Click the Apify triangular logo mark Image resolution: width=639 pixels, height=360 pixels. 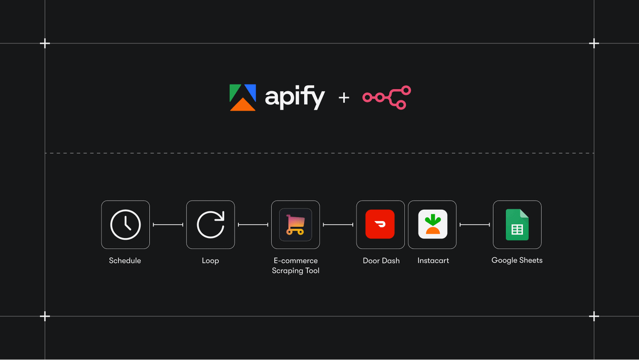point(243,97)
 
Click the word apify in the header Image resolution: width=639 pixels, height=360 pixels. point(294,98)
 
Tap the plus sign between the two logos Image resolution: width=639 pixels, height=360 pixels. point(344,97)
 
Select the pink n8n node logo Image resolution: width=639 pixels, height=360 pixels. point(387,97)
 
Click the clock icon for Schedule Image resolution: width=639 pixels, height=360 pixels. point(125,224)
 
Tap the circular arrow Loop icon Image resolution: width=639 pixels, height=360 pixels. point(210,224)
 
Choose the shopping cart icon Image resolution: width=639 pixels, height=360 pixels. point(296,224)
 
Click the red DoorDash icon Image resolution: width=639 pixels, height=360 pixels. point(380,224)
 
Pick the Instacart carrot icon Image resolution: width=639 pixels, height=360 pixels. point(432,224)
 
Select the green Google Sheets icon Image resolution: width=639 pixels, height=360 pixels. point(517,224)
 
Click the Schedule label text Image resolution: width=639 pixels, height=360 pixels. point(125,261)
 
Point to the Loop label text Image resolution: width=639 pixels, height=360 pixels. point(210,261)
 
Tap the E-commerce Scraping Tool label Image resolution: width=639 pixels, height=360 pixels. point(295,266)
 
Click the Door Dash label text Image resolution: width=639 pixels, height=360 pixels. point(381,261)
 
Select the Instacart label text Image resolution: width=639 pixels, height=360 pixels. point(433,261)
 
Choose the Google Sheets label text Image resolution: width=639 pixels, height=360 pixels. point(517,260)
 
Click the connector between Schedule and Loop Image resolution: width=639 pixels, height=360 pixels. point(168,225)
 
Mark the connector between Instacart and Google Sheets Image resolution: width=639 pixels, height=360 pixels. point(474,225)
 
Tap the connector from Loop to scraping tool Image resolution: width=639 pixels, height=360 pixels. point(253,225)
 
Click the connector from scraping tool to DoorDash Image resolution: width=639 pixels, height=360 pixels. point(338,225)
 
